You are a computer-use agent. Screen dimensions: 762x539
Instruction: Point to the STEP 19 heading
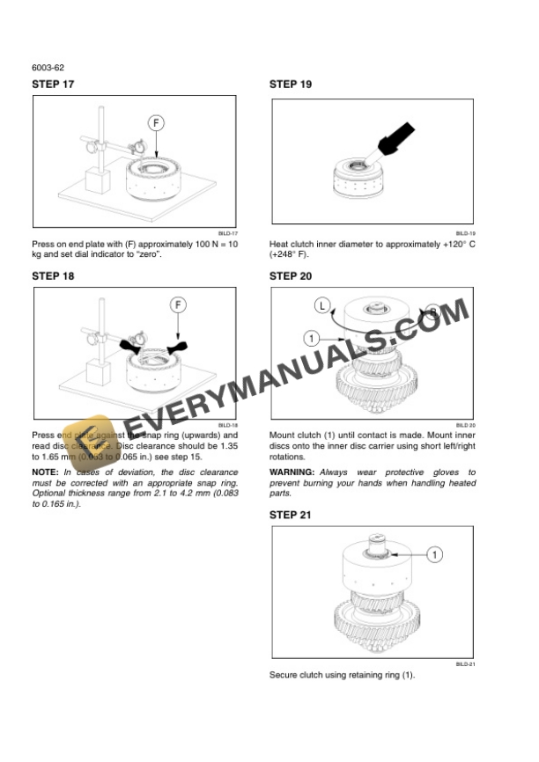(x=290, y=84)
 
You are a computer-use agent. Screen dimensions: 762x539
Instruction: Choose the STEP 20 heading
(x=290, y=275)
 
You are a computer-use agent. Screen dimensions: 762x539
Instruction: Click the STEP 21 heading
(x=290, y=515)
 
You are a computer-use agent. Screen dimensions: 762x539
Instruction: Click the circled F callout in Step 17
(x=155, y=123)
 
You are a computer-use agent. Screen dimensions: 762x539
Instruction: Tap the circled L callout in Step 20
(x=323, y=305)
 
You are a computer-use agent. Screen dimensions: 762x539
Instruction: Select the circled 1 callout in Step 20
(x=311, y=337)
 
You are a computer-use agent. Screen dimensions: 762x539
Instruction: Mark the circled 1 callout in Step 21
(x=437, y=554)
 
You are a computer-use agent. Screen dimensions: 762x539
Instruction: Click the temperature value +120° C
(x=451, y=244)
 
